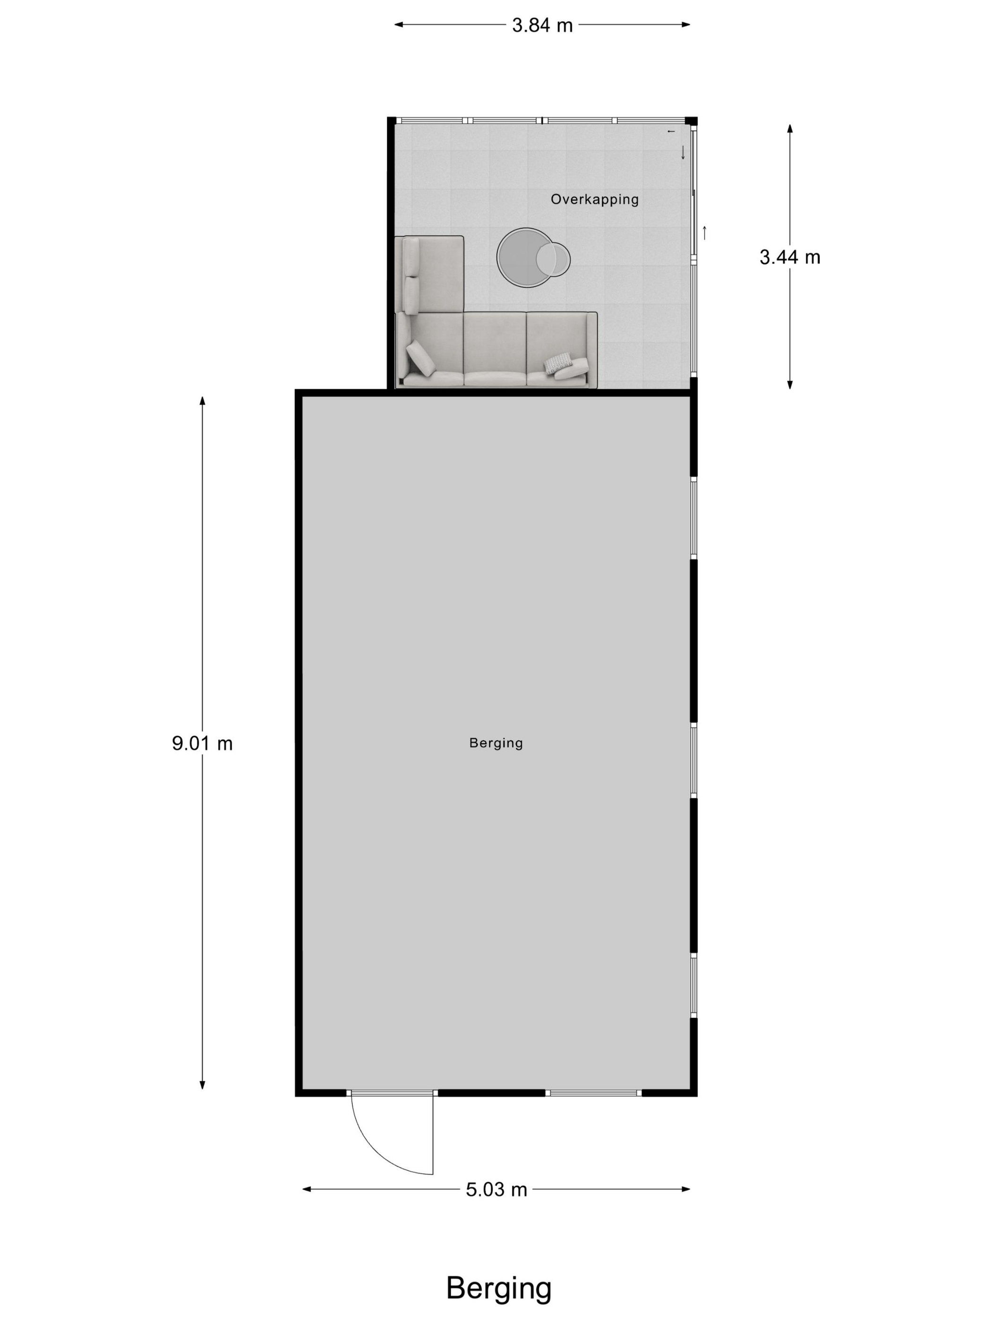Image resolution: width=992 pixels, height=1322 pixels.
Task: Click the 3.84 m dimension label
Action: point(542,25)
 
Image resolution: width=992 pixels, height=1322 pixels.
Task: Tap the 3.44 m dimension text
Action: point(789,257)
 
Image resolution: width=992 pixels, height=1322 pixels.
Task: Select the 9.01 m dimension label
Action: point(202,743)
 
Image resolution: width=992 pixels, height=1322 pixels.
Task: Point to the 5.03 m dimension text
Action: point(496,1189)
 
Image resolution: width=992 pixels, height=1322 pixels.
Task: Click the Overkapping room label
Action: point(594,200)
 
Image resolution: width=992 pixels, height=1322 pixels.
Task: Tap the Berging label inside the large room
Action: point(496,743)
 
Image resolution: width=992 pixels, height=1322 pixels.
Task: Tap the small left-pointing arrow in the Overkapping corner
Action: point(671,131)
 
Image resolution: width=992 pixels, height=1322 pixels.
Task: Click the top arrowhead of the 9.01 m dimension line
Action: point(202,400)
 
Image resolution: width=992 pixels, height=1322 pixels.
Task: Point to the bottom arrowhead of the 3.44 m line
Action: point(789,384)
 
